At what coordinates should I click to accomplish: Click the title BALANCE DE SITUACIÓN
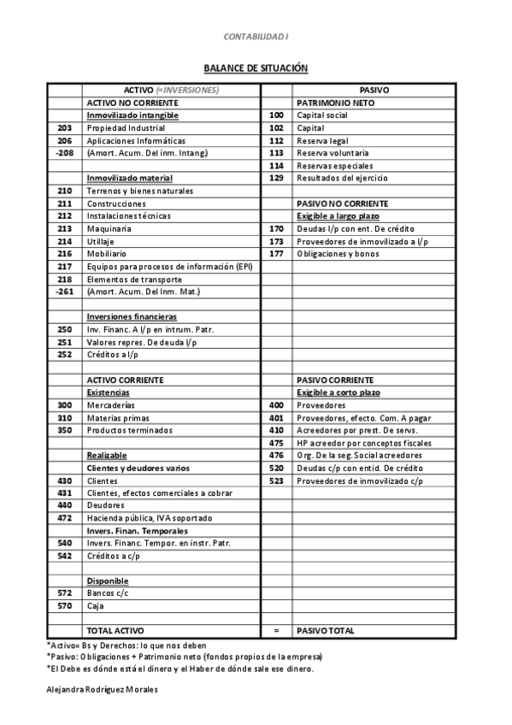pyautogui.click(x=256, y=68)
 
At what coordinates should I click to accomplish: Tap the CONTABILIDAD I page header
pyautogui.click(x=256, y=37)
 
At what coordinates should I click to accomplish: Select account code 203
pyautogui.click(x=64, y=128)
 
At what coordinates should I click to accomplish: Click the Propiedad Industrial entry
pyautogui.click(x=126, y=128)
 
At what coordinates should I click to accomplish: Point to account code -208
pyautogui.click(x=64, y=153)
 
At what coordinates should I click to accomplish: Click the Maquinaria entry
pyautogui.click(x=109, y=229)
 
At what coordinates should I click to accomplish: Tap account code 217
pyautogui.click(x=64, y=267)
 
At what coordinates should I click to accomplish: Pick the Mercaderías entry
pyautogui.click(x=111, y=405)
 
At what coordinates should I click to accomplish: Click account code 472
pyautogui.click(x=64, y=518)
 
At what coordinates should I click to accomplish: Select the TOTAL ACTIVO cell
pyautogui.click(x=116, y=631)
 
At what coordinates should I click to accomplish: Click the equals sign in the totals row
pyautogui.click(x=276, y=631)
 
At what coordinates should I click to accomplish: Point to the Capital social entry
pyautogui.click(x=322, y=115)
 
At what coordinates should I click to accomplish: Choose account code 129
pyautogui.click(x=276, y=179)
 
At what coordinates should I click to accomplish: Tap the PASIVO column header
pyautogui.click(x=374, y=90)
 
